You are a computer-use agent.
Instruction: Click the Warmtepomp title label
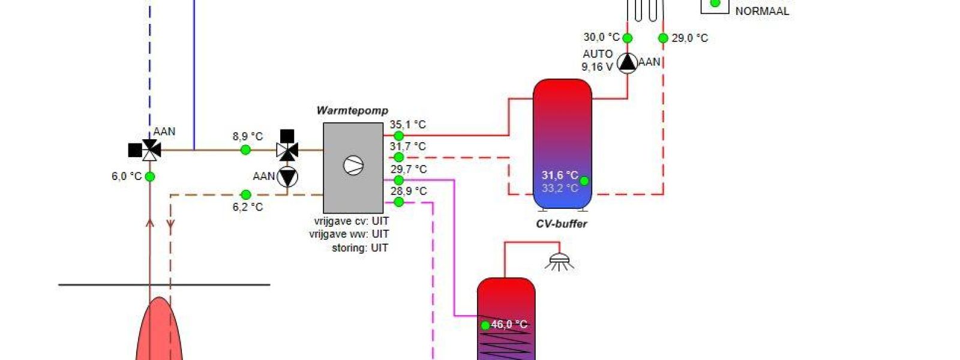[x=352, y=110]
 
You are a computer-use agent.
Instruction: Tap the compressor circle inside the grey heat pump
[x=353, y=165]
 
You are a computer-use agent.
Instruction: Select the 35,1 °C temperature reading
[x=407, y=125]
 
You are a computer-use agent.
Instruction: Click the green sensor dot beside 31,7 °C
[x=398, y=157]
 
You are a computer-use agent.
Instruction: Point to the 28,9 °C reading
[x=408, y=191]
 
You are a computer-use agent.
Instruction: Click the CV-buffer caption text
[x=561, y=224]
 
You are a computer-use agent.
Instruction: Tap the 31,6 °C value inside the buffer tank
[x=559, y=175]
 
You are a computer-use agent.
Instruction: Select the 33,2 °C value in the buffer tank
[x=559, y=188]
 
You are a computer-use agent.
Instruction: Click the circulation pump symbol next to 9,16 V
[x=628, y=62]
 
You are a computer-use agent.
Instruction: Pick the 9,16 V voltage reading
[x=597, y=67]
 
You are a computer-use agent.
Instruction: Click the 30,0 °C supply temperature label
[x=601, y=37]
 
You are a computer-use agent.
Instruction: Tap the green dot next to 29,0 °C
[x=663, y=38]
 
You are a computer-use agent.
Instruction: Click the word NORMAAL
[x=762, y=11]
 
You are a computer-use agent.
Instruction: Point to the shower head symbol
[x=560, y=261]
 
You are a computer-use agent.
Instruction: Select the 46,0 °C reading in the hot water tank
[x=509, y=325]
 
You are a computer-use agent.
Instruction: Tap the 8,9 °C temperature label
[x=248, y=137]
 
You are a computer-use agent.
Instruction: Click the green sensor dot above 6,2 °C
[x=245, y=195]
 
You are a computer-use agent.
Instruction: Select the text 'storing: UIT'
[x=360, y=248]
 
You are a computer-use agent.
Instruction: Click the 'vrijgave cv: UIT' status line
[x=351, y=221]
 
